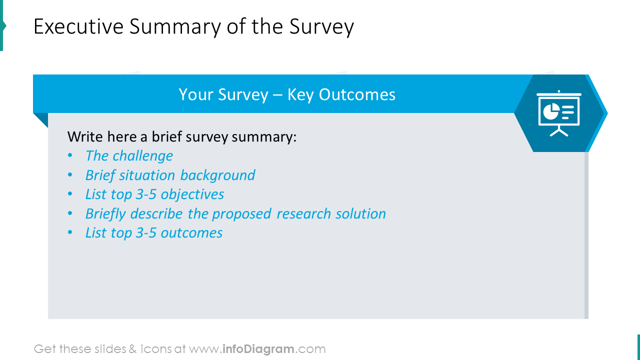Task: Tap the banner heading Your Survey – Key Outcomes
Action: (287, 94)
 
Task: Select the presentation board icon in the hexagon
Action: (559, 113)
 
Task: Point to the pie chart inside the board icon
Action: (551, 111)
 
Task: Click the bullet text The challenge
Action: (129, 156)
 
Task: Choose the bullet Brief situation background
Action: (170, 175)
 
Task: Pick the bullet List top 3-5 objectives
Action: (154, 194)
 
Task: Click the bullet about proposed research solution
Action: (235, 213)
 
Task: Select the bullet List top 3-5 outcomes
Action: (154, 233)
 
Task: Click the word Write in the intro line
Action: (83, 136)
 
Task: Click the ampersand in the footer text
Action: (132, 349)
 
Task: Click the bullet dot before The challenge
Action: (70, 156)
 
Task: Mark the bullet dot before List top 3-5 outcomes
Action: (70, 233)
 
